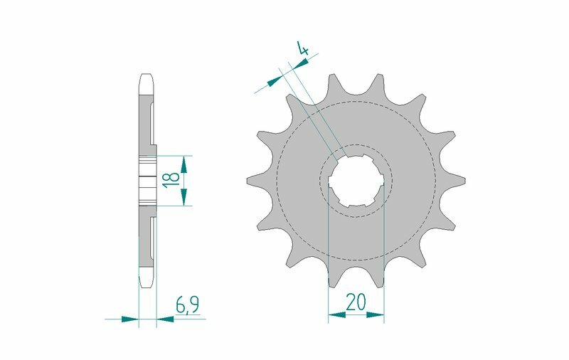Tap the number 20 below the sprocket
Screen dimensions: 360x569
pos(356,302)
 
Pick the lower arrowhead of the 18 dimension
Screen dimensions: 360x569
pos(184,197)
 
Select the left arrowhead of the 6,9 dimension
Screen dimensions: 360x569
pos(129,319)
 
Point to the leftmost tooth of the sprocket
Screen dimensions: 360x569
pos(251,179)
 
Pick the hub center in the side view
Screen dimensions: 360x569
pos(147,180)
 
